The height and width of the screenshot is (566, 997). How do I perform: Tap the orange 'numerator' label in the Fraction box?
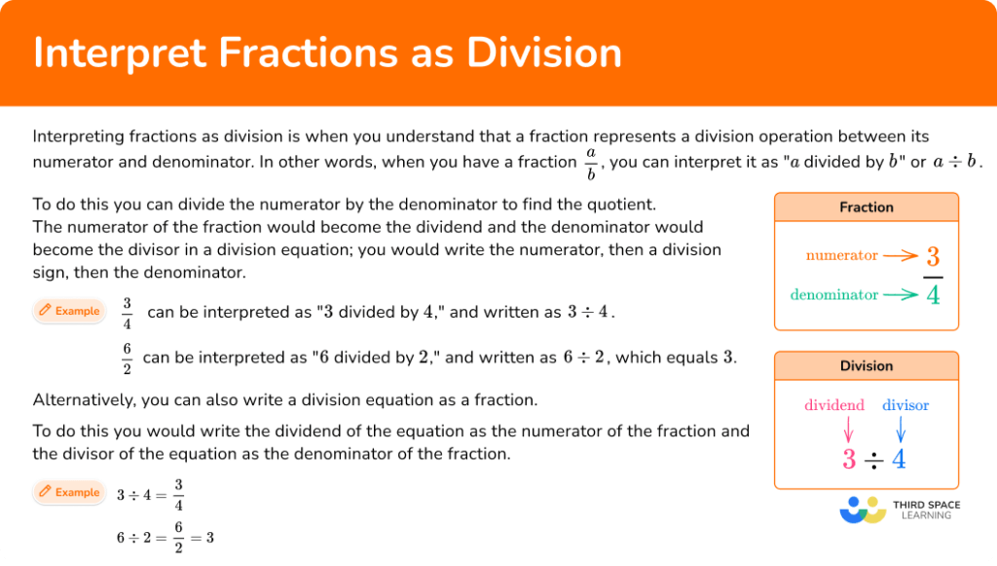coord(841,256)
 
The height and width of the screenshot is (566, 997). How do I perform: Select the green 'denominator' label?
coord(834,294)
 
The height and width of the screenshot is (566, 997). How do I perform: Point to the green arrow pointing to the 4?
coord(902,294)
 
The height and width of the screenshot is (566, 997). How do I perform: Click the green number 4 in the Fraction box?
coord(933,294)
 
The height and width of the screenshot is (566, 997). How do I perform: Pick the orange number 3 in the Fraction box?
coord(933,257)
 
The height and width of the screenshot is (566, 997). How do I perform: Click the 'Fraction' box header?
coord(866,208)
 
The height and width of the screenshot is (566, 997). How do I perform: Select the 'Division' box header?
coord(866,366)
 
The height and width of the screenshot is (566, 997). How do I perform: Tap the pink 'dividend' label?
coord(834,405)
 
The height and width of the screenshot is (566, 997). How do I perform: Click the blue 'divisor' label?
coord(905,405)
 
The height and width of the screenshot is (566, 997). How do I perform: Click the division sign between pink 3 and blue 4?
coord(873,460)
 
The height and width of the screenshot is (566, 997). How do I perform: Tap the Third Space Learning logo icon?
coord(863,509)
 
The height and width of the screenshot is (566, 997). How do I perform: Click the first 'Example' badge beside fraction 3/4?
coord(70,312)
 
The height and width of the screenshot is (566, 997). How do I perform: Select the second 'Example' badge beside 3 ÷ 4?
coord(70,493)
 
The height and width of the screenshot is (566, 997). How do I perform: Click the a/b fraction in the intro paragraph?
coord(590,164)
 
